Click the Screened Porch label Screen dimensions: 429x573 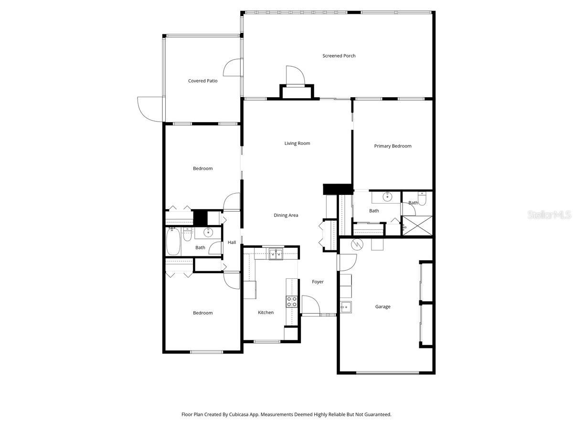point(339,56)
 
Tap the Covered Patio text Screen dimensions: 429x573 point(202,81)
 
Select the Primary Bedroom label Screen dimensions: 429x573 point(393,146)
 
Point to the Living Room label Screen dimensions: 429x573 point(297,143)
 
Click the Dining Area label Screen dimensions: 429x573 point(286,215)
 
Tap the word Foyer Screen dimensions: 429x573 point(318,282)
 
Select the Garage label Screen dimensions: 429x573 point(382,307)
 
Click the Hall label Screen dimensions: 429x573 point(232,243)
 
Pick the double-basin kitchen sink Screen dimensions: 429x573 point(276,254)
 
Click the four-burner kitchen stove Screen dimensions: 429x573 point(292,301)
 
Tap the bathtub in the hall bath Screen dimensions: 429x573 point(173,242)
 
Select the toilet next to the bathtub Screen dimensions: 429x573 point(188,234)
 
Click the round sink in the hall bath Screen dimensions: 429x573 point(208,233)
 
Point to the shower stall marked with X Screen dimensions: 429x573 point(418,226)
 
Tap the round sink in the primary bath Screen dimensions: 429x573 point(387,196)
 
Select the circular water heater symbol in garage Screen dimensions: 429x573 point(357,245)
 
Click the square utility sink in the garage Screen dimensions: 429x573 point(346,306)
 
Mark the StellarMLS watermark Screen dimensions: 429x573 point(549,215)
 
